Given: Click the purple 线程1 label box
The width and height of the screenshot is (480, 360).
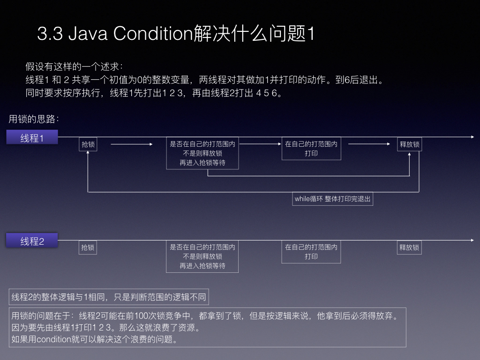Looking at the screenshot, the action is [32, 137].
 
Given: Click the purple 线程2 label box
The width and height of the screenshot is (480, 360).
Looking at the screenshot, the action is [32, 240].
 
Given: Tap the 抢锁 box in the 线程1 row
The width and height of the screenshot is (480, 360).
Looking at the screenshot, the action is [88, 144].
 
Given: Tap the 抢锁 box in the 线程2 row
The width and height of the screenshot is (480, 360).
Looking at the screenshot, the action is [88, 247].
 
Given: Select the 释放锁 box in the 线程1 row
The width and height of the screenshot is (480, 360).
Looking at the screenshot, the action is [410, 144].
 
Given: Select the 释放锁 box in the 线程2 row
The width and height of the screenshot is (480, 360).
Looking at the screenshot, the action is [409, 247].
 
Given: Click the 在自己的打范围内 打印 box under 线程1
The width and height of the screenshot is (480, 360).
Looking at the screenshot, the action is [311, 149].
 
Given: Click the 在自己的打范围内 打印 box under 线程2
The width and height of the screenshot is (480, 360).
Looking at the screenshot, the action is [311, 252].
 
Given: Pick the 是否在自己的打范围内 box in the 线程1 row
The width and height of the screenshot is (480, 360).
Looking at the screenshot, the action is [202, 153].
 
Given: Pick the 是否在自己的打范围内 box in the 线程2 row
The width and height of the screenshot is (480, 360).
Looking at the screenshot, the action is [202, 256].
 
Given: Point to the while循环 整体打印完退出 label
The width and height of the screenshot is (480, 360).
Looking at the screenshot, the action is [332, 199].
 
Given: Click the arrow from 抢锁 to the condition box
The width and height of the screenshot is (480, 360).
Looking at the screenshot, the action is [132, 144].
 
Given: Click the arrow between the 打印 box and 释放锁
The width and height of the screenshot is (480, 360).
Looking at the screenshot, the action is [369, 144].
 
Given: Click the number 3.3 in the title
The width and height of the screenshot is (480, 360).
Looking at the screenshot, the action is [50, 33].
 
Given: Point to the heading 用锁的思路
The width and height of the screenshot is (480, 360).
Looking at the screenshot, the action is [34, 119].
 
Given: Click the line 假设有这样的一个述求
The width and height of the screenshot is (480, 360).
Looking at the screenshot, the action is [74, 67].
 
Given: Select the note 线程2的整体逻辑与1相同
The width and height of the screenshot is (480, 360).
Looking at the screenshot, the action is [109, 297].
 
